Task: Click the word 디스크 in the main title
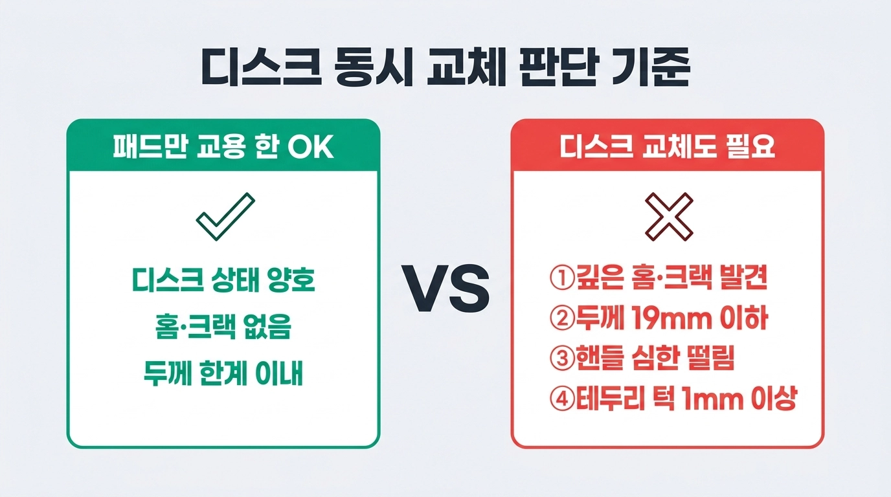(x=261, y=67)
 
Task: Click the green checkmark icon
(x=225, y=216)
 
